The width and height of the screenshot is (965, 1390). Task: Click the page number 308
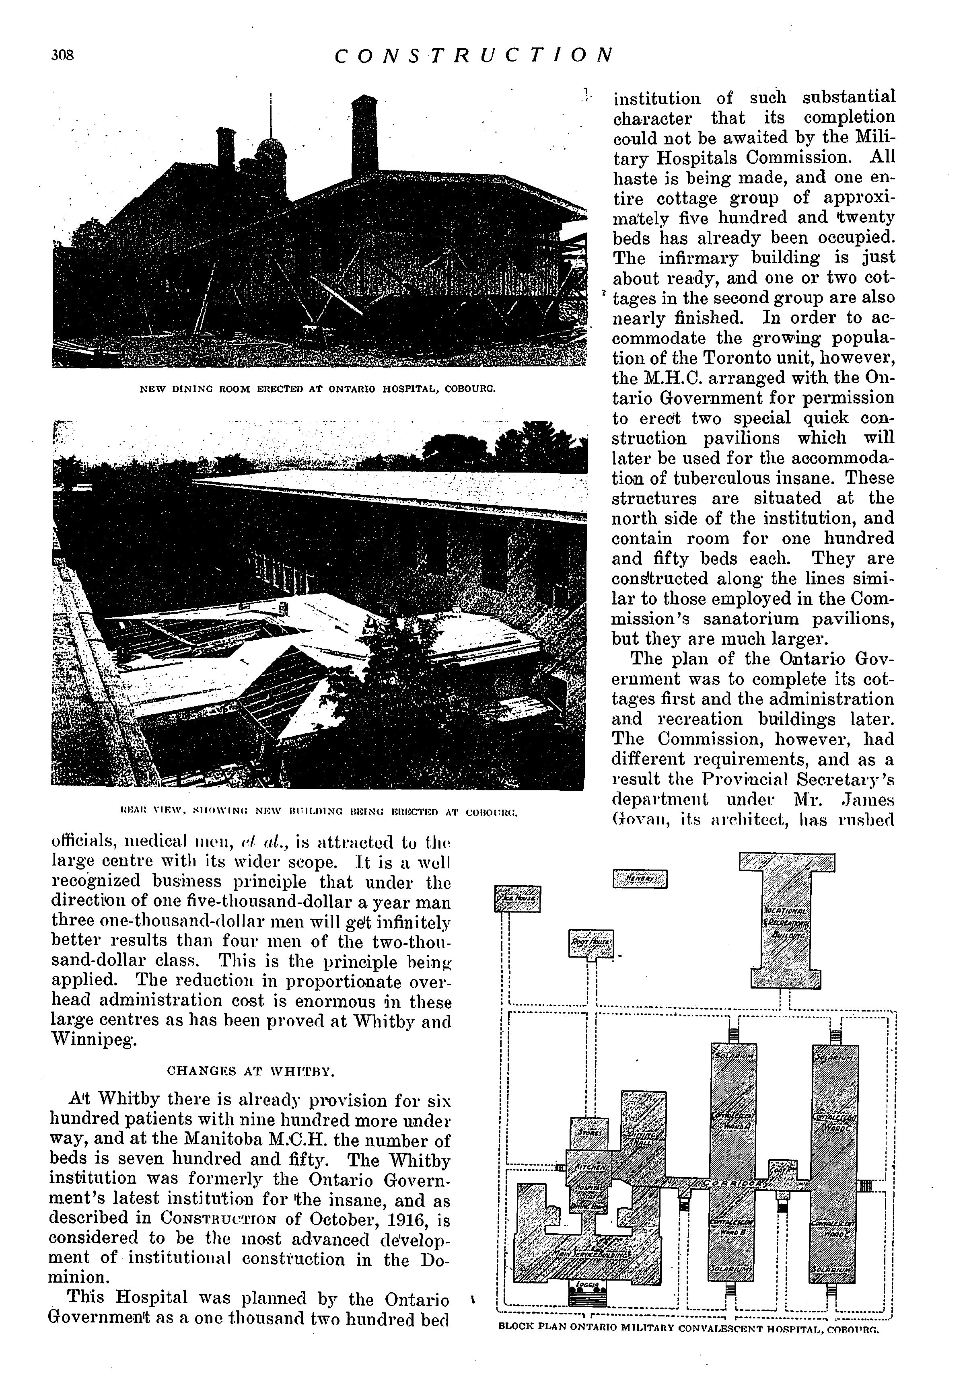coord(63,56)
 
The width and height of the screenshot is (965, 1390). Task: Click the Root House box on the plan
coord(591,943)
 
